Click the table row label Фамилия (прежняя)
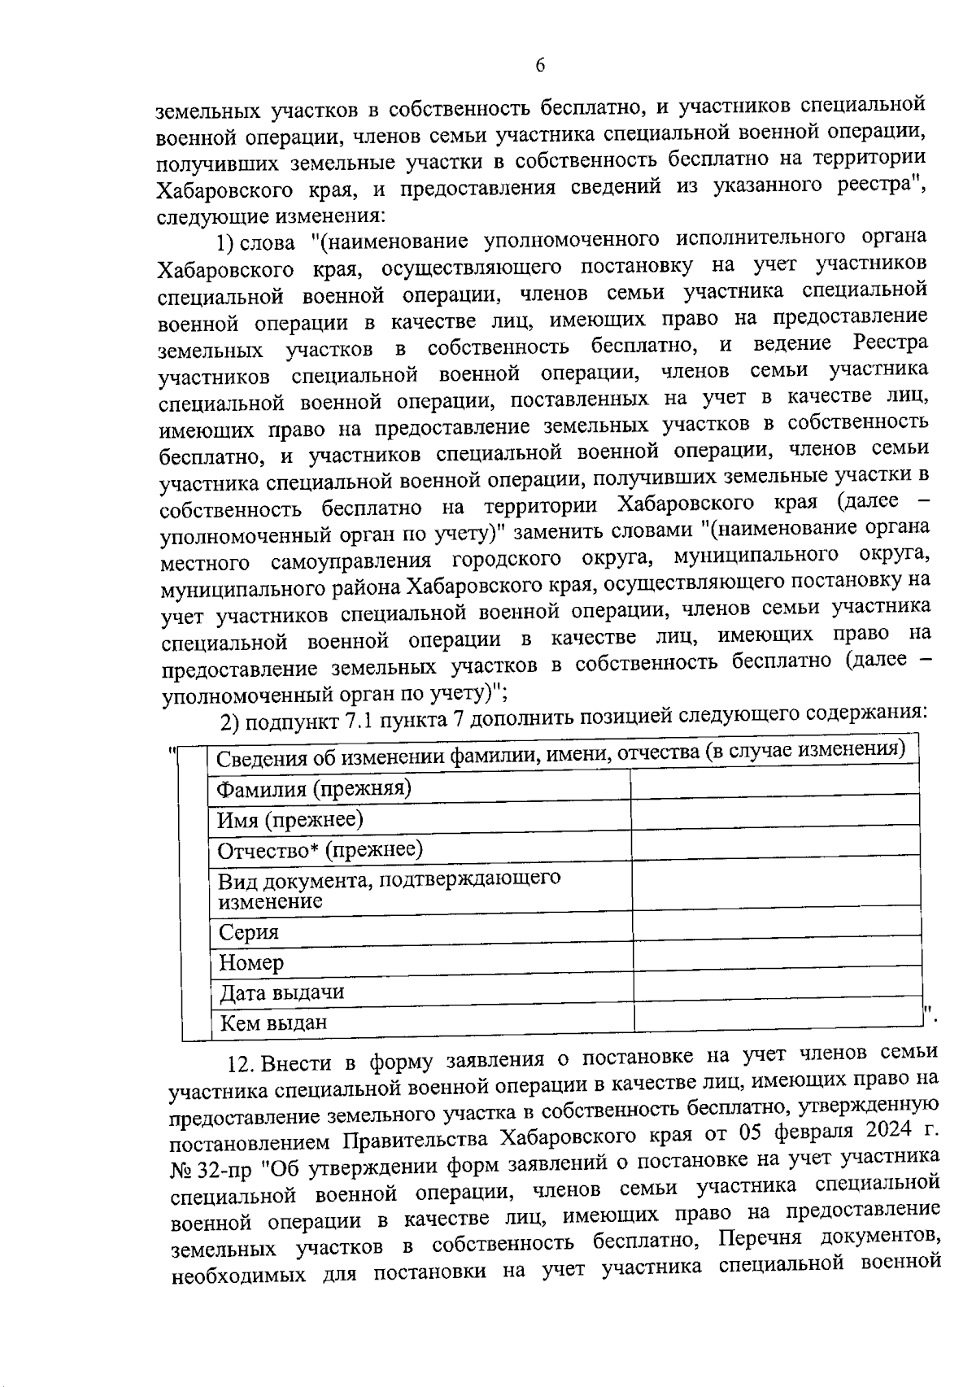313,788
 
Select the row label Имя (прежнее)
290,819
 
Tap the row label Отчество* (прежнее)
320,850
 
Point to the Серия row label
248,932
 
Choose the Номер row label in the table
251,963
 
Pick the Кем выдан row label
273,1023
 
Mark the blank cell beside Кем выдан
779,1017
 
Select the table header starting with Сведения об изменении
561,754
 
